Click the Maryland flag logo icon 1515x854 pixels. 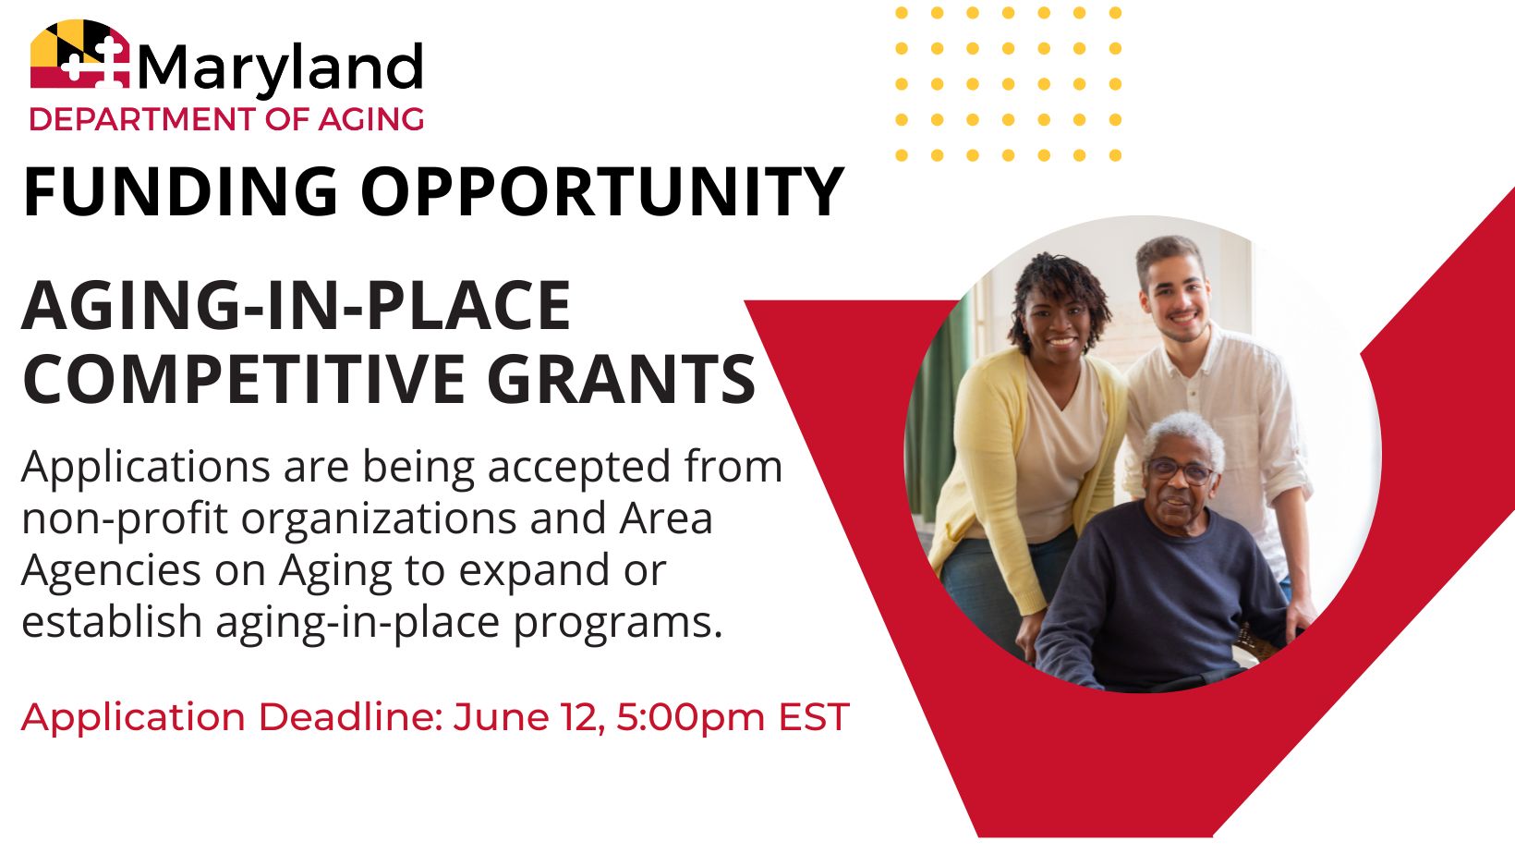click(79, 55)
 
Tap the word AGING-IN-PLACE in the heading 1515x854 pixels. click(297, 305)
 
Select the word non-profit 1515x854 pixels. click(125, 519)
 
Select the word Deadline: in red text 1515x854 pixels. click(350, 717)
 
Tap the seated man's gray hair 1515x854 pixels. click(1188, 434)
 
